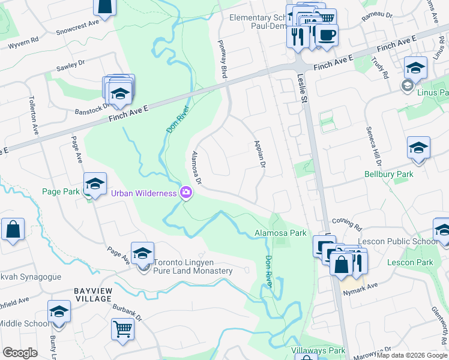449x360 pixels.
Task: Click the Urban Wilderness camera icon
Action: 186,193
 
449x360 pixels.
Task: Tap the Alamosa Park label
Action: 280,233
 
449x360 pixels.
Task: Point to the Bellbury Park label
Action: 389,175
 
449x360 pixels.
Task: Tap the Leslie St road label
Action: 302,88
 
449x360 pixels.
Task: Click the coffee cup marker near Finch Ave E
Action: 327,35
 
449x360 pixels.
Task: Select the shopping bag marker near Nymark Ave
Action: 341,265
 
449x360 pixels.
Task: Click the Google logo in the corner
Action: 20,353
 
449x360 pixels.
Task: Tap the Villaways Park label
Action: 318,350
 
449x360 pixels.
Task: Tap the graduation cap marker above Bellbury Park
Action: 418,148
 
